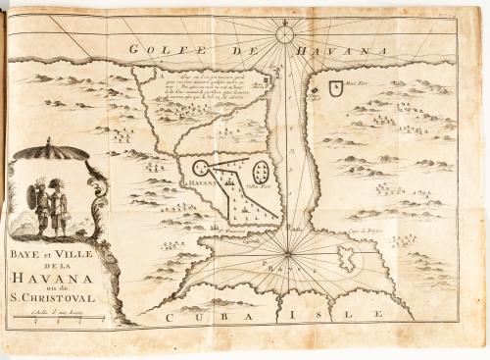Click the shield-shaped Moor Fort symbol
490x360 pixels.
[337, 85]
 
